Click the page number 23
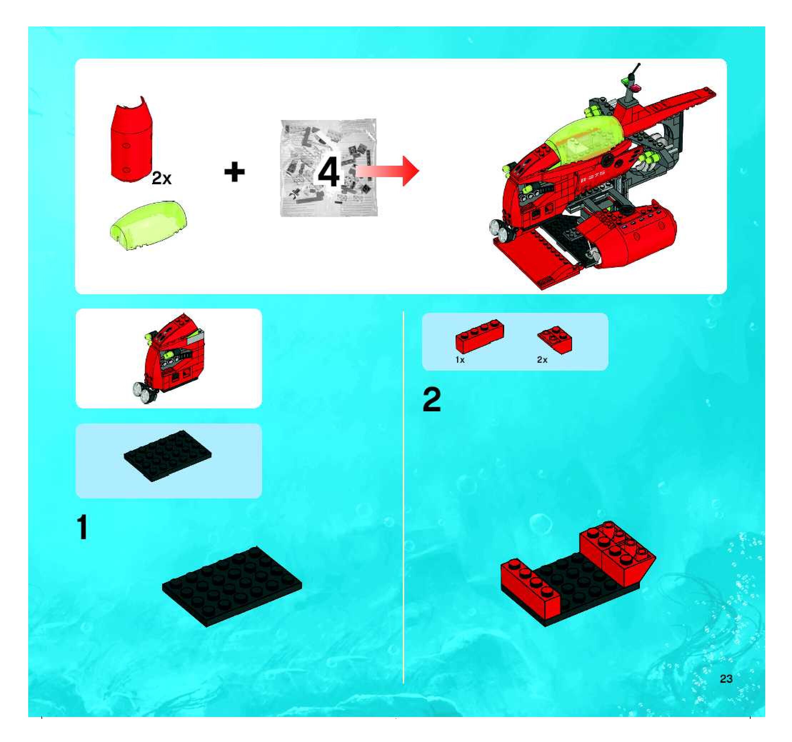pos(726,679)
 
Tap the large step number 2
pos(432,400)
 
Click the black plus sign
pos(234,172)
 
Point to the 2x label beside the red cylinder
pos(161,179)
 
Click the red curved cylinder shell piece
pos(131,139)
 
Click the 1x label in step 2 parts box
pos(460,360)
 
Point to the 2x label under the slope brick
pos(542,360)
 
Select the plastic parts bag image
pos(329,167)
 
